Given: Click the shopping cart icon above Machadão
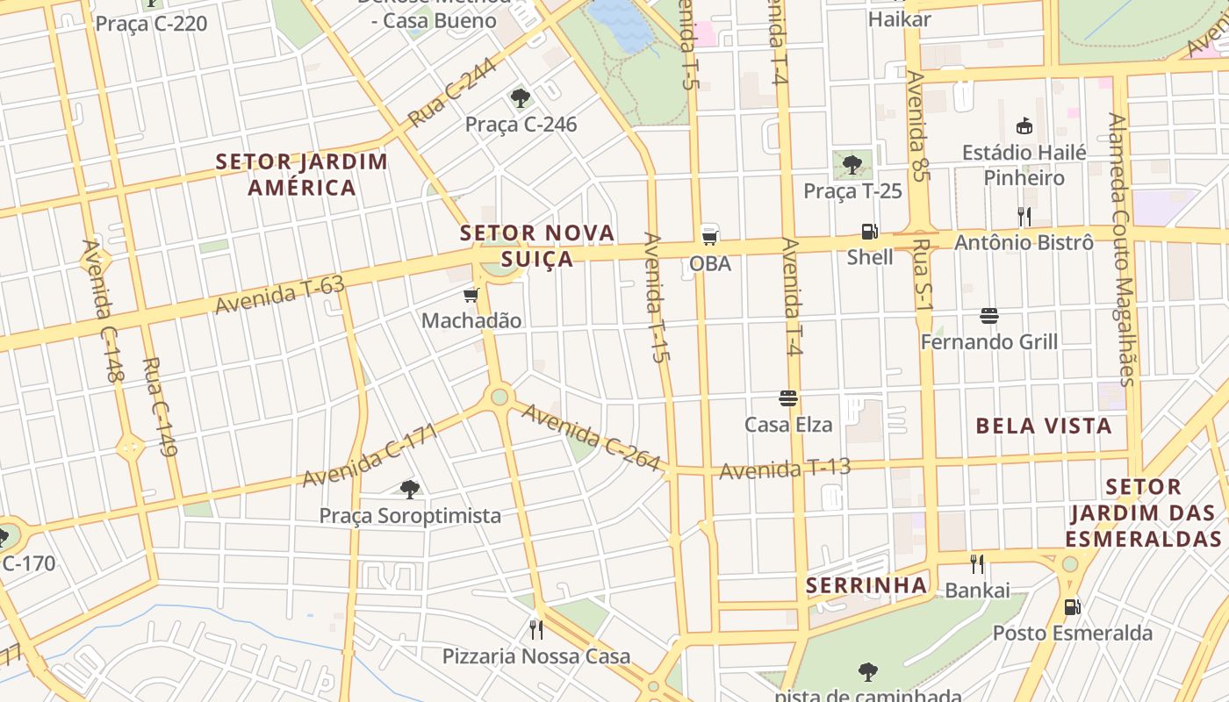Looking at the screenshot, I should coord(471,295).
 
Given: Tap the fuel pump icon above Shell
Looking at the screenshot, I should coord(869,232).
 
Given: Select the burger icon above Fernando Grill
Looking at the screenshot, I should coord(989,316).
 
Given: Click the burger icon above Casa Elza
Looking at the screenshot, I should coord(788,398).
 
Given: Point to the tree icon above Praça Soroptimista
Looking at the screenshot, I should coord(409,490).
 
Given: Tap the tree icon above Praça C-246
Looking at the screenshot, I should coord(521,98).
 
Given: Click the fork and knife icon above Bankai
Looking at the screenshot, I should coord(976,564).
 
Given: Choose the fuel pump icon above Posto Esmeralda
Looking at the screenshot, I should coord(1072,606).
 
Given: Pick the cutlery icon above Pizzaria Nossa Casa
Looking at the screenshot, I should coord(536,629).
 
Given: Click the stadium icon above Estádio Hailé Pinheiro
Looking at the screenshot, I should coord(1024,126).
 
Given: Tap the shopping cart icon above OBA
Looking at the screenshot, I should coord(709,235).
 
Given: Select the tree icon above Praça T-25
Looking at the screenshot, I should coord(852,164).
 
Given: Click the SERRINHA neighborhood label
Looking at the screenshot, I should coord(866,585).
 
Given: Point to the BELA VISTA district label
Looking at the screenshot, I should coord(1044,426).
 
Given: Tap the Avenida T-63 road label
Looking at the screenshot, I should coord(280,294).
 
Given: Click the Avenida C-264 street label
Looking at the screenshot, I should coord(590,437).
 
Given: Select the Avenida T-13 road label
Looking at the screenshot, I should coord(785,469).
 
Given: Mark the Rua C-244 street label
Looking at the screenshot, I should coord(451,96).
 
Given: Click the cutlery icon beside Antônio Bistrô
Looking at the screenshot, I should coord(1024,216).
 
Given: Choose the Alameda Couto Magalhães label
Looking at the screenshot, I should coord(1121,249).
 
